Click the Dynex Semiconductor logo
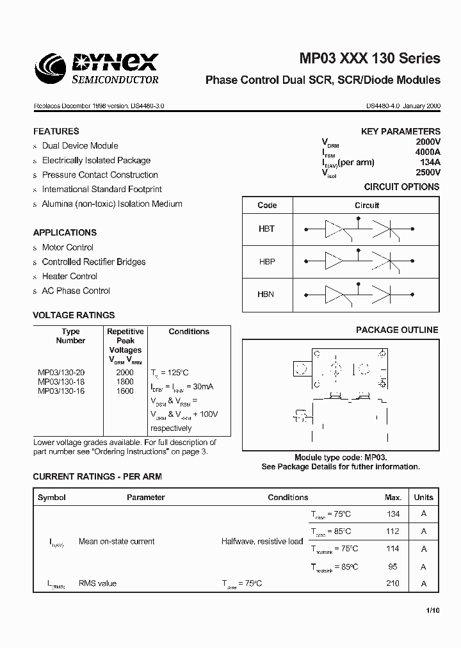point(96,69)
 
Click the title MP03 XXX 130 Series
point(370,58)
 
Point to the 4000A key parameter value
point(428,152)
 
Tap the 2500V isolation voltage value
point(428,172)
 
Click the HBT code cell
point(266,229)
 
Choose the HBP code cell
point(266,262)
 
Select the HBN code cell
point(266,295)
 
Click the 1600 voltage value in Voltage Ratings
point(125,391)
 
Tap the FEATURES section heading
point(56,131)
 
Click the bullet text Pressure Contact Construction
point(100,175)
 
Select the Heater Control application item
point(70,276)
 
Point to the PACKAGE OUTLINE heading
point(397,330)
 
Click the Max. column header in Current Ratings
point(392,497)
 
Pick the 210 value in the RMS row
point(392,583)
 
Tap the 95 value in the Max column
point(392,567)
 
